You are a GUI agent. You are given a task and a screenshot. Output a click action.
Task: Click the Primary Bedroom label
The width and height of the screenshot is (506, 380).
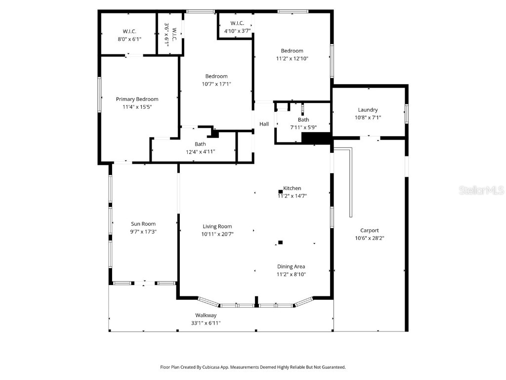pyautogui.click(x=137, y=99)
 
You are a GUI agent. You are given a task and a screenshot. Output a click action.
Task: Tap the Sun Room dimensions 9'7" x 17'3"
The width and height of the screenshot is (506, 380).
pyautogui.click(x=143, y=232)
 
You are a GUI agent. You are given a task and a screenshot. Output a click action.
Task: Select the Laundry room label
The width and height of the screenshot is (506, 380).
pyautogui.click(x=368, y=110)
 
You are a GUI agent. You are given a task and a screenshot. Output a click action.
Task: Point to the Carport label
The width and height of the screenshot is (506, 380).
pyautogui.click(x=369, y=230)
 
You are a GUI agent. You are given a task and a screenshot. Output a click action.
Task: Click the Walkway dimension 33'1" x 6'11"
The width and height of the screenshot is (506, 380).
pyautogui.click(x=206, y=323)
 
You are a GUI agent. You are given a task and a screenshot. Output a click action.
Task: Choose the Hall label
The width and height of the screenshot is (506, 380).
pyautogui.click(x=264, y=124)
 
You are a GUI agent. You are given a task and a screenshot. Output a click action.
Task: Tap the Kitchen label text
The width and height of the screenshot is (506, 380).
pyautogui.click(x=292, y=189)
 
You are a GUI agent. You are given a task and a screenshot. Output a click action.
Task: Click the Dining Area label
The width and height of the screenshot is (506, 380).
pyautogui.click(x=291, y=267)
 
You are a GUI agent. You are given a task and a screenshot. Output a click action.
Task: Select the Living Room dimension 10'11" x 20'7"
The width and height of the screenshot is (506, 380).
pyautogui.click(x=217, y=234)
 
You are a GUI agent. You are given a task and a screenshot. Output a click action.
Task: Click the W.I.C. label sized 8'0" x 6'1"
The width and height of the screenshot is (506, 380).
pyautogui.click(x=129, y=31)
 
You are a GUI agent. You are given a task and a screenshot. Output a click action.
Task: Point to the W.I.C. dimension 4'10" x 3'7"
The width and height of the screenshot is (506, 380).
pyautogui.click(x=237, y=31)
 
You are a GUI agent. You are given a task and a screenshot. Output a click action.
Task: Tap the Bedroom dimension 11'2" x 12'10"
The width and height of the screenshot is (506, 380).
pyautogui.click(x=292, y=58)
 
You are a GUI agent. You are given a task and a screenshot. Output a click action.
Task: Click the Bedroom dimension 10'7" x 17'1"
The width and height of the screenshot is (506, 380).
pyautogui.click(x=216, y=84)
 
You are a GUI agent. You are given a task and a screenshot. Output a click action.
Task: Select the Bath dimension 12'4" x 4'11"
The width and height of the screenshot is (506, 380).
pyautogui.click(x=200, y=152)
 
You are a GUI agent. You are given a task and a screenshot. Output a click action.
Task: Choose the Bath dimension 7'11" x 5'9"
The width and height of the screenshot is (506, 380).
pyautogui.click(x=303, y=127)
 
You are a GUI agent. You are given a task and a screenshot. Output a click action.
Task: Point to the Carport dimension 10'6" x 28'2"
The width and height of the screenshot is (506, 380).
pyautogui.click(x=369, y=238)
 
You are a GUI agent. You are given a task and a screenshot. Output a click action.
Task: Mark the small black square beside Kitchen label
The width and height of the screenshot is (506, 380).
pyautogui.click(x=280, y=191)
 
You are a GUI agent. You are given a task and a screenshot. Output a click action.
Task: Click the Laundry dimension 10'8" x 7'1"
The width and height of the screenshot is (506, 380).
pyautogui.click(x=368, y=118)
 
